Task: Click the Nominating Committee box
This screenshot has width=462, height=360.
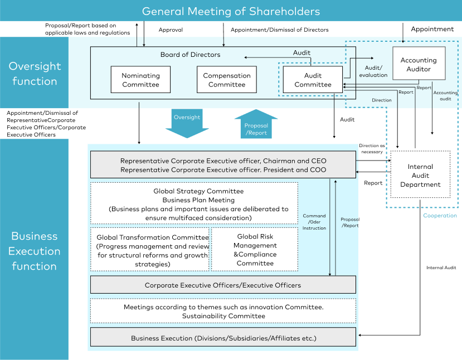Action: [140, 80]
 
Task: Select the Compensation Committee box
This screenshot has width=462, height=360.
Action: [227, 80]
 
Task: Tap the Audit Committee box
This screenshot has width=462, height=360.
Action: [313, 80]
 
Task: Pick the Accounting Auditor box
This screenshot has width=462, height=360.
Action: [419, 65]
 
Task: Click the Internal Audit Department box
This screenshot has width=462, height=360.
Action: [420, 175]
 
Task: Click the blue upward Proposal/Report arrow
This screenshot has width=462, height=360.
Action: [256, 123]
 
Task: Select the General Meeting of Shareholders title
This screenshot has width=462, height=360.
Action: [231, 11]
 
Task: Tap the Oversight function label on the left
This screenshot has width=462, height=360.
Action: [34, 74]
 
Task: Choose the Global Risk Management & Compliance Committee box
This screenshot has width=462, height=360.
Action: [255, 250]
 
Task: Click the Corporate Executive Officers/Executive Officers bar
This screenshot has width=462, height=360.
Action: [222, 285]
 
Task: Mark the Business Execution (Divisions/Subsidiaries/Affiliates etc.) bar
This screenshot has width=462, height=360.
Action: [222, 338]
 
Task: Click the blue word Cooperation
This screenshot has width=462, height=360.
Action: [439, 216]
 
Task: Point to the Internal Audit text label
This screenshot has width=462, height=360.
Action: [441, 267]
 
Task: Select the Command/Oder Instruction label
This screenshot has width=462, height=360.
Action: [314, 222]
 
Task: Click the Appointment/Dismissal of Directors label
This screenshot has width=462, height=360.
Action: [279, 30]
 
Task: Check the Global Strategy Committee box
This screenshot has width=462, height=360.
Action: [194, 203]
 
